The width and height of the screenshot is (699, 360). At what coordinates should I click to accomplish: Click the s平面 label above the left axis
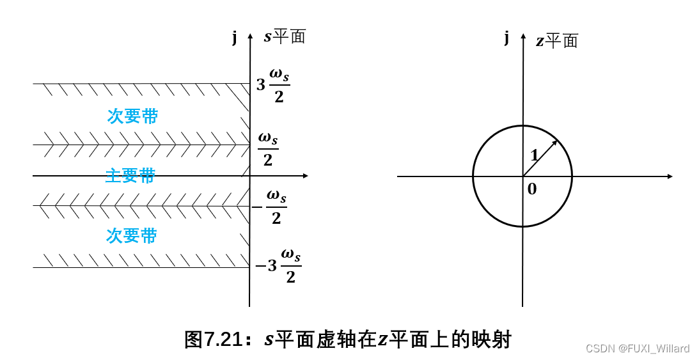point(285,36)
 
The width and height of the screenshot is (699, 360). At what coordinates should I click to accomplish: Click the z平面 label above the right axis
point(556,42)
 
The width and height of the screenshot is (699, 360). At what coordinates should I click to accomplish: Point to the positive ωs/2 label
point(268,149)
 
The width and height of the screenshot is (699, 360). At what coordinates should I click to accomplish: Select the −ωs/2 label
point(269,207)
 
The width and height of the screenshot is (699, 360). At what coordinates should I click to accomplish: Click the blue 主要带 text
point(130,176)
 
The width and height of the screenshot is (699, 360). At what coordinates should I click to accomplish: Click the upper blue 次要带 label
point(132,116)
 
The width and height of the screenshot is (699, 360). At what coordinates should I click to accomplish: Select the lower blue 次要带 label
point(131,236)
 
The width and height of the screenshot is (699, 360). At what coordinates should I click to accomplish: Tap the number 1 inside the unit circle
point(534,155)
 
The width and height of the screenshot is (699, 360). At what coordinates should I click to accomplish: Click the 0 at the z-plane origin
point(532,189)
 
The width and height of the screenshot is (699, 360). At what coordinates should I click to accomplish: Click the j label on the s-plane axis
point(235,37)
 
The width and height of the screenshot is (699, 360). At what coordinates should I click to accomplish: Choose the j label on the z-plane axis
point(507,37)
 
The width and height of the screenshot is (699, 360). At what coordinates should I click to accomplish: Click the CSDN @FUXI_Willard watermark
point(637,348)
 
